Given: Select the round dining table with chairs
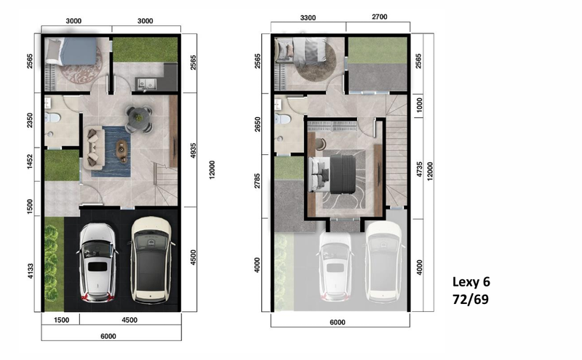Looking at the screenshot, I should (139, 118).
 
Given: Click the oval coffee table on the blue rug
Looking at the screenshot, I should (121, 148).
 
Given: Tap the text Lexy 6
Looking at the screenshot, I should (477, 281).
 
